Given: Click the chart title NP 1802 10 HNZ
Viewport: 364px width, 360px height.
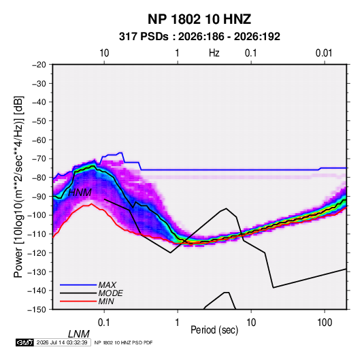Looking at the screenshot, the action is tap(199, 19).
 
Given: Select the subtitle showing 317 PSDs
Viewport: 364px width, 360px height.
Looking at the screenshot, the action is tap(199, 37).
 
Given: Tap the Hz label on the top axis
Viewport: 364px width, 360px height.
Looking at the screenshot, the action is tap(214, 53).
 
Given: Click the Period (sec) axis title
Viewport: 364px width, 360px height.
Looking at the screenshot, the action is tap(214, 330).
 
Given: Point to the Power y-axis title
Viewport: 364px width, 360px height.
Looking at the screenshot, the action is tap(18, 186).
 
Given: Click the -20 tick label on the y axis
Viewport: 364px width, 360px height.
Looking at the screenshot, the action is tap(39, 65).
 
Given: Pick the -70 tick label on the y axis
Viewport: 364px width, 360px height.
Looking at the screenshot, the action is tap(39, 159).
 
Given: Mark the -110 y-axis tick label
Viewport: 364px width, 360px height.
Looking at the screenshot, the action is tap(37, 234).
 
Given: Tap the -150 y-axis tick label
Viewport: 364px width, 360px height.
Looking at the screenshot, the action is tap(37, 310).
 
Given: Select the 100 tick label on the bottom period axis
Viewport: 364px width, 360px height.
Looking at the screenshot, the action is tap(325, 323).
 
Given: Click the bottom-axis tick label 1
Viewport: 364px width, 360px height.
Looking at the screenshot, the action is tap(178, 323).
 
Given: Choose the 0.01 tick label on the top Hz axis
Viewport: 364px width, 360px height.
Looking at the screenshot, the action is tap(324, 53).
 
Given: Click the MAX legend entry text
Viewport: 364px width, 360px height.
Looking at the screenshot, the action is tap(107, 285).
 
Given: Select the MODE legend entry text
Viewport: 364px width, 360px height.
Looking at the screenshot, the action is tap(110, 293).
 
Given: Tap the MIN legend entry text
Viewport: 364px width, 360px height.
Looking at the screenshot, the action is tap(106, 301).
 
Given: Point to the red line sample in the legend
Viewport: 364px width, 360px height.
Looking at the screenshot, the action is tap(78, 301).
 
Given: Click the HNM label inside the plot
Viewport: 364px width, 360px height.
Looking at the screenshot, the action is tap(80, 193).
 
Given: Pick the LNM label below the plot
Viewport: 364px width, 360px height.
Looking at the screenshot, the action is tap(79, 334).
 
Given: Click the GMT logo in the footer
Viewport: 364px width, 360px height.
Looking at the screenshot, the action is tap(24, 342).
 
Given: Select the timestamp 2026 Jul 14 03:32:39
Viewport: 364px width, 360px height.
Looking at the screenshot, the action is tap(62, 342).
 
